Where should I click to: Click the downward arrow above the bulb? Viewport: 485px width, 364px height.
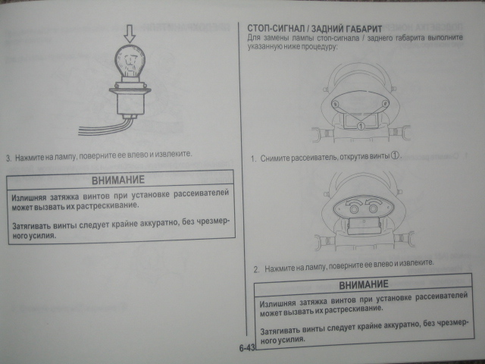tap(130, 33)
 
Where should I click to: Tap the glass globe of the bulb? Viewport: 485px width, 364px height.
tap(130, 61)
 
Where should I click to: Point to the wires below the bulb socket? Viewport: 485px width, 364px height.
tap(105, 128)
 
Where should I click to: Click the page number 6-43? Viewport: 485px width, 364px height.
tap(246, 348)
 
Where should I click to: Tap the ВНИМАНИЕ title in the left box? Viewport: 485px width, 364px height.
tap(118, 180)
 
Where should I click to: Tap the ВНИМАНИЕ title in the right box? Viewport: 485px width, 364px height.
tap(364, 284)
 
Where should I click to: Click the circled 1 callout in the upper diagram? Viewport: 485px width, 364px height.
tap(361, 126)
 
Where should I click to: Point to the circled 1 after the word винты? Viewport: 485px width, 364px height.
tap(395, 155)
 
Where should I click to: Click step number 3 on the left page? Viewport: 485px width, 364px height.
tap(8, 158)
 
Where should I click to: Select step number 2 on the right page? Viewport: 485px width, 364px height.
tap(256, 270)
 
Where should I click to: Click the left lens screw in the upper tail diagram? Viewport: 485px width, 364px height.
tap(335, 104)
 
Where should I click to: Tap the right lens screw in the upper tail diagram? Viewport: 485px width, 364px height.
tap(385, 103)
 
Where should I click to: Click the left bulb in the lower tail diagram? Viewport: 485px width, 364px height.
tap(354, 209)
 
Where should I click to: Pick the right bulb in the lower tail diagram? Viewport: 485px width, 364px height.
tap(374, 209)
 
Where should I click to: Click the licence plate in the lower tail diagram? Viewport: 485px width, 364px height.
tap(364, 226)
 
